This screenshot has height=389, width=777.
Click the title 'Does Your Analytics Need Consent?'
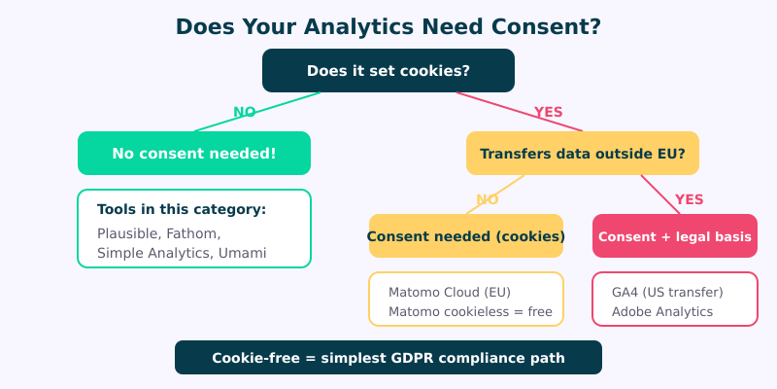(x=388, y=26)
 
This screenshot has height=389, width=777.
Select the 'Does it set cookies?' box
(x=388, y=71)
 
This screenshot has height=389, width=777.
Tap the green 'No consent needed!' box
(x=194, y=154)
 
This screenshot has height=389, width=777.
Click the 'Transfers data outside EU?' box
(x=583, y=154)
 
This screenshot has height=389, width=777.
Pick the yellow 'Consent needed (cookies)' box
(x=466, y=236)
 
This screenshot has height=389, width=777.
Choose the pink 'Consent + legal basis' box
(x=675, y=236)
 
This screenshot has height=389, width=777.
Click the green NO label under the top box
(x=245, y=112)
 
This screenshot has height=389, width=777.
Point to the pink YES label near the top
(x=548, y=112)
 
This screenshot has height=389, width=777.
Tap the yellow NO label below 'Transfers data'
(x=488, y=199)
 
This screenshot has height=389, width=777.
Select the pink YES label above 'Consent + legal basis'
(x=689, y=199)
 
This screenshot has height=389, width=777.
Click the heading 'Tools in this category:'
(x=182, y=210)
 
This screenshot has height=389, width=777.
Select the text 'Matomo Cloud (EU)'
(x=449, y=292)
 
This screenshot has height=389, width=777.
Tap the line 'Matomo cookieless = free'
(x=470, y=312)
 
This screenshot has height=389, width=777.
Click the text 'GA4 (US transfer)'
(x=667, y=292)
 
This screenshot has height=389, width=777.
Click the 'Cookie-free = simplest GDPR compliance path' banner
(x=388, y=358)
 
